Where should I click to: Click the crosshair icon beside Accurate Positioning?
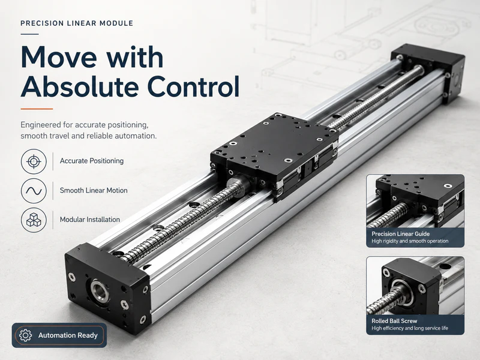pos(34,161)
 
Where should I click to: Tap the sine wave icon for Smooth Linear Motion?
pos(34,191)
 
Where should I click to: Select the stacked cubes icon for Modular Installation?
pos(34,220)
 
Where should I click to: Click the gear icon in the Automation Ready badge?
pos(25,335)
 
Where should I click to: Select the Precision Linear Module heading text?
pos(77,23)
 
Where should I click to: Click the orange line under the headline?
pos(37,109)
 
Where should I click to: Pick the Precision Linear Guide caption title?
pos(400,234)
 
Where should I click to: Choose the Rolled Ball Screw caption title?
pos(394,321)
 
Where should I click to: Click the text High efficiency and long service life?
pos(410,328)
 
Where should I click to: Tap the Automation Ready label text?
pos(68,335)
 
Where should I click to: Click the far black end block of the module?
pos(428,73)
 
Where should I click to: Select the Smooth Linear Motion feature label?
pos(94,190)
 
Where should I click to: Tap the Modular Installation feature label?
pos(89,220)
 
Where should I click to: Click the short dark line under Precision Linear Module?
pos(29,34)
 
